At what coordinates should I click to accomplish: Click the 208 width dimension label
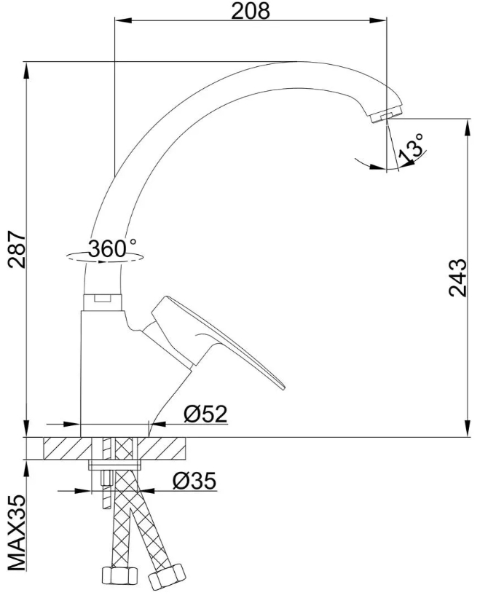point(251,11)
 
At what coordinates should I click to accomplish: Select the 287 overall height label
point(17,248)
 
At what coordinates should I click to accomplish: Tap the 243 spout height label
point(457,278)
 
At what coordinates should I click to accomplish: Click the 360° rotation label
point(112,248)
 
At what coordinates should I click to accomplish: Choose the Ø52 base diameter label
point(205,414)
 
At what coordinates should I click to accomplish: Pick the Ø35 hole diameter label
point(194,481)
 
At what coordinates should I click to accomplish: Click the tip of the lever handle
point(283,387)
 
